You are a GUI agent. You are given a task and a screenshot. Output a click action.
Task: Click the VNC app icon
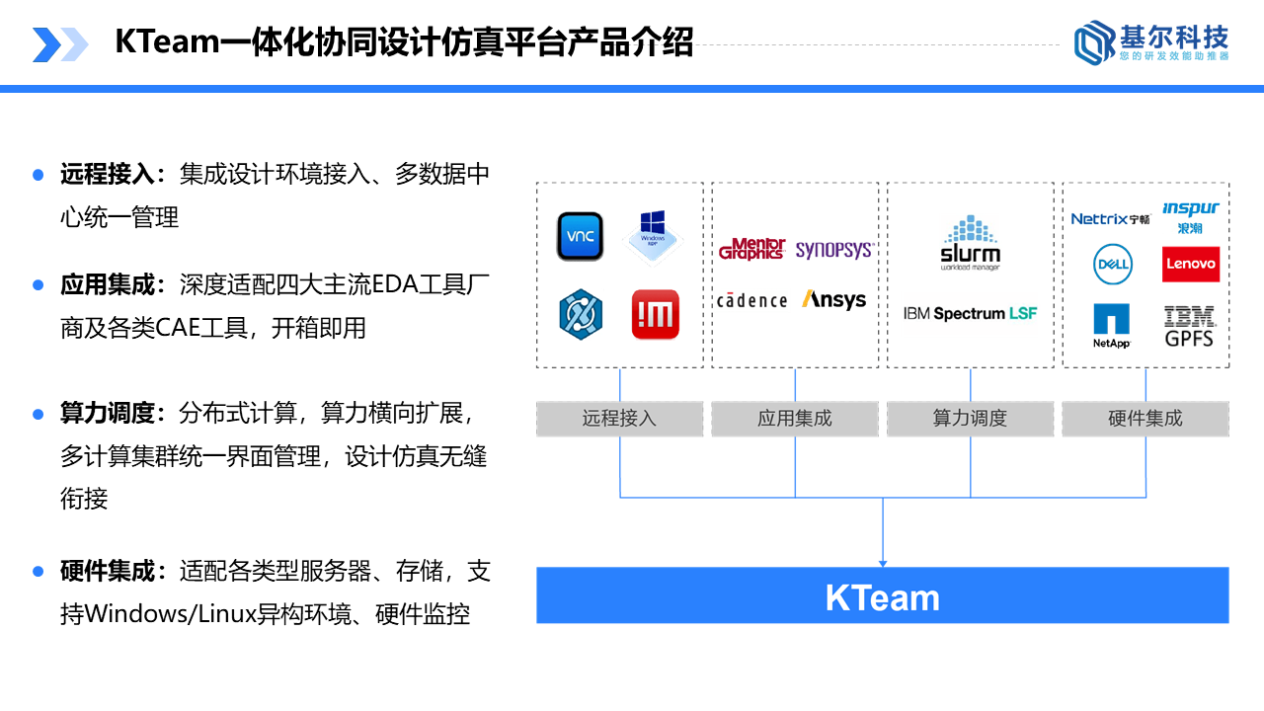click(580, 236)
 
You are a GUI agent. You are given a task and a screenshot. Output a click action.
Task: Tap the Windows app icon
click(653, 236)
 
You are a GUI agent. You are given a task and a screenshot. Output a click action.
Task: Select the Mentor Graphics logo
click(752, 249)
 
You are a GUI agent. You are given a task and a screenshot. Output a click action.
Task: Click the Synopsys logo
click(834, 250)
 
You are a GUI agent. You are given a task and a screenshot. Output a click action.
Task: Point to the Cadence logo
click(752, 300)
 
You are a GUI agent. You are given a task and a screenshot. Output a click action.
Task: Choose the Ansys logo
click(834, 299)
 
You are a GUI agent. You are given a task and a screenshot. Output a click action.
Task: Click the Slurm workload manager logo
click(970, 244)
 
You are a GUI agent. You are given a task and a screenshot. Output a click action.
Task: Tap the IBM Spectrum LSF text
click(970, 314)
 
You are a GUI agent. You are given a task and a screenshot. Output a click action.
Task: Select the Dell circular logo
click(1112, 265)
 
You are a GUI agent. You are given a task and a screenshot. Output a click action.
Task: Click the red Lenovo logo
click(1191, 265)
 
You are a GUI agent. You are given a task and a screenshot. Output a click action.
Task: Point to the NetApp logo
click(1111, 325)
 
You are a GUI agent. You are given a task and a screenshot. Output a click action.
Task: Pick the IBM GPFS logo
click(1189, 326)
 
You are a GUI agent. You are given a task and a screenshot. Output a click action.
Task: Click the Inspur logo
click(1190, 216)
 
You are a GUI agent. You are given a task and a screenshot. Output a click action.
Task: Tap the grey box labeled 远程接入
click(619, 419)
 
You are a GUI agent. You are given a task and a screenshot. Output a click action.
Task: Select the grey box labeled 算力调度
click(970, 419)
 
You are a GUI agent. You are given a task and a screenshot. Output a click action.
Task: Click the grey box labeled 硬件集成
click(1145, 419)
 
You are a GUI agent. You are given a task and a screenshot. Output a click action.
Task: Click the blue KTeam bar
click(882, 595)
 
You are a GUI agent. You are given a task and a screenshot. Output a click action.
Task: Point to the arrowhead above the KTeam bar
click(883, 563)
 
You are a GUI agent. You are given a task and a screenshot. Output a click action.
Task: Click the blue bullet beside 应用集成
click(39, 285)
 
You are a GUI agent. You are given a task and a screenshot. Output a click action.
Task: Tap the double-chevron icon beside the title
click(59, 44)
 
